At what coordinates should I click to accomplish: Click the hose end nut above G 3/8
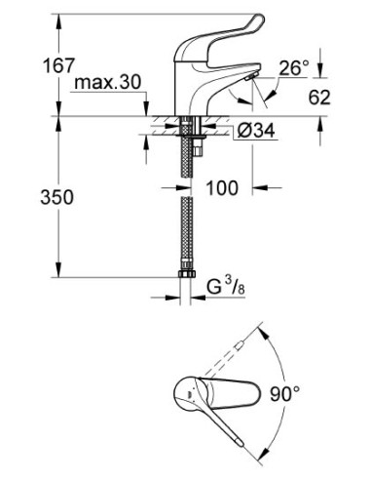coord(185,277)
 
